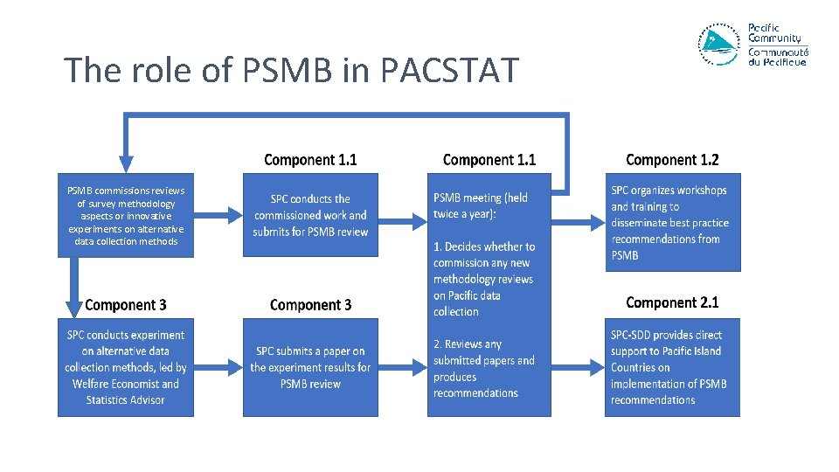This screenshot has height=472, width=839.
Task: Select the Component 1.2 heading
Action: point(672,160)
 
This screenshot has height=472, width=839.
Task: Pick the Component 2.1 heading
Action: point(672,302)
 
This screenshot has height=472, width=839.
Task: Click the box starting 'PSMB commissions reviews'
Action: point(126,215)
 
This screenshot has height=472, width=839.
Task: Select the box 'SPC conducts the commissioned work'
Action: point(310,215)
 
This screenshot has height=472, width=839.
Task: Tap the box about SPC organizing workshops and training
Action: point(672,222)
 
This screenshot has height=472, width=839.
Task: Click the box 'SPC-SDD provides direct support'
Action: point(672,367)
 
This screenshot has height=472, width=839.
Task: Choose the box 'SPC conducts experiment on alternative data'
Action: point(126,367)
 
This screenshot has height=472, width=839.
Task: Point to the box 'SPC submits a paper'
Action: point(310,367)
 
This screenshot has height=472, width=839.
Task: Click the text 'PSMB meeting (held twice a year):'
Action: point(481,206)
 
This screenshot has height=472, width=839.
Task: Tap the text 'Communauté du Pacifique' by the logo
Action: point(778,57)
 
